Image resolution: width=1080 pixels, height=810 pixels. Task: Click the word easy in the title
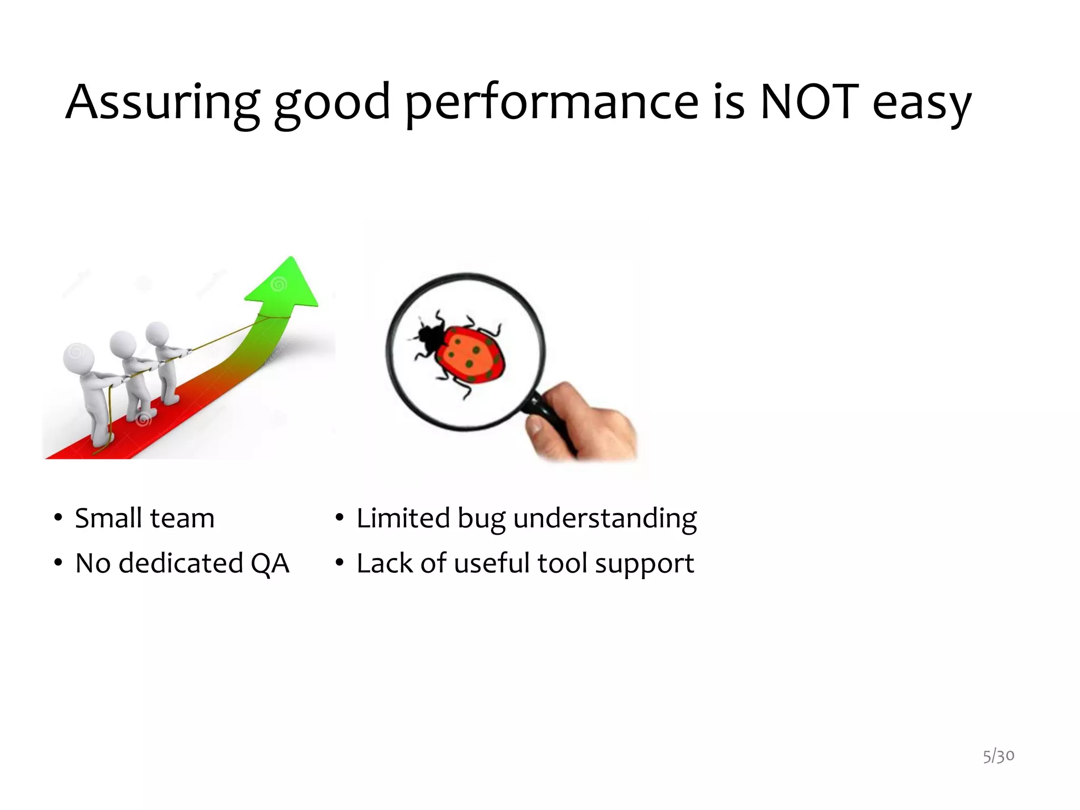click(x=922, y=104)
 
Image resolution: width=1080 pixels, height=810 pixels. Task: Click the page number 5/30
click(x=998, y=756)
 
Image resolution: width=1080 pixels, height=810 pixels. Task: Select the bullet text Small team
click(x=144, y=518)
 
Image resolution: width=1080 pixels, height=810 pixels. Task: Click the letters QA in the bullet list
click(x=270, y=563)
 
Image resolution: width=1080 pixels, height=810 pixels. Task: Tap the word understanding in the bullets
click(x=604, y=519)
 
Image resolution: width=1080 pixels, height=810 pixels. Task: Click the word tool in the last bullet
click(x=562, y=563)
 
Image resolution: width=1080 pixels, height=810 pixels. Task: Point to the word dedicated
click(x=180, y=563)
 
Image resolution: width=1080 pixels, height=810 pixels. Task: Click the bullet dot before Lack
click(x=340, y=564)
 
